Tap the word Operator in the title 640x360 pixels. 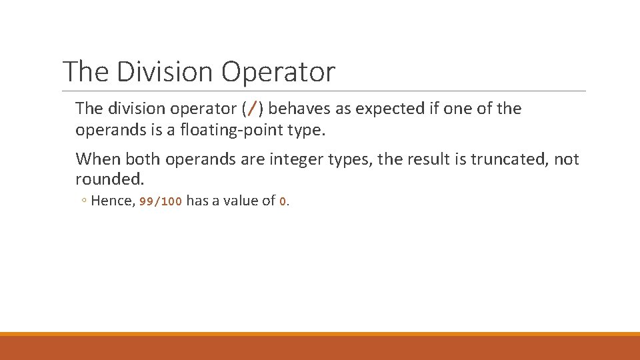point(278,72)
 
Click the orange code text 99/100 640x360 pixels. point(160,201)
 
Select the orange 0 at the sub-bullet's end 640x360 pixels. point(283,201)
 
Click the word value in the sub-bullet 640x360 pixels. point(243,201)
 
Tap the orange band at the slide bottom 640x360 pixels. point(320,347)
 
